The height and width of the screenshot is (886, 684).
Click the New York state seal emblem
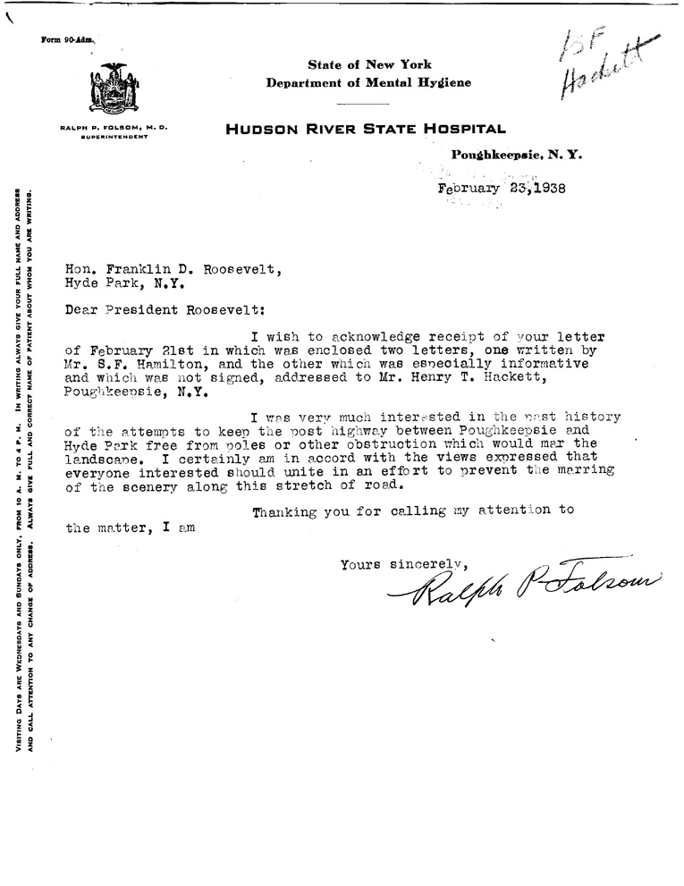pyautogui.click(x=114, y=88)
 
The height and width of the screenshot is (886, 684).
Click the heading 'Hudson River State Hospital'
pyautogui.click(x=366, y=129)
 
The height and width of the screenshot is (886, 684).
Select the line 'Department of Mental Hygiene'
pyautogui.click(x=368, y=82)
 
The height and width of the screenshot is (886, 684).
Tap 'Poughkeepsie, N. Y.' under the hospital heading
pyautogui.click(x=518, y=155)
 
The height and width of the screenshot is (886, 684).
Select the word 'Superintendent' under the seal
pyautogui.click(x=114, y=136)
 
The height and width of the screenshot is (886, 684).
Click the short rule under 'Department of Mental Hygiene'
pyautogui.click(x=367, y=105)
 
